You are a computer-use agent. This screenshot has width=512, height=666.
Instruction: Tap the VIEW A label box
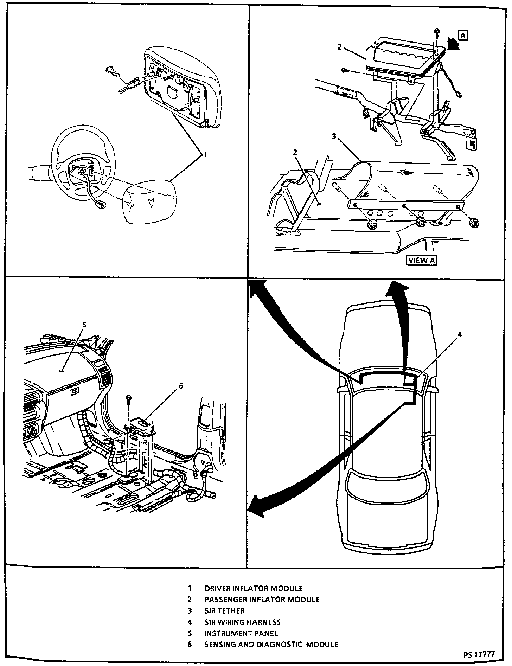coord(422,260)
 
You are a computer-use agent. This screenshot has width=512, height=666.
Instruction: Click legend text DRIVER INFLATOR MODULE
coord(253,588)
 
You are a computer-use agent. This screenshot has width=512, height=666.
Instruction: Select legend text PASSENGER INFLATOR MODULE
coord(262,599)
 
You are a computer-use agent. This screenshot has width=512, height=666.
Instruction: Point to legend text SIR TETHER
coord(224,610)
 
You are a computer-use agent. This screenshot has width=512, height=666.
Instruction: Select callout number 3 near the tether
coord(334,136)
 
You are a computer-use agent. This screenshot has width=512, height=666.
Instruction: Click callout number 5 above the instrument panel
coord(83,325)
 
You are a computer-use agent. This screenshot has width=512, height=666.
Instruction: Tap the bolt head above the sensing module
coord(129,399)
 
